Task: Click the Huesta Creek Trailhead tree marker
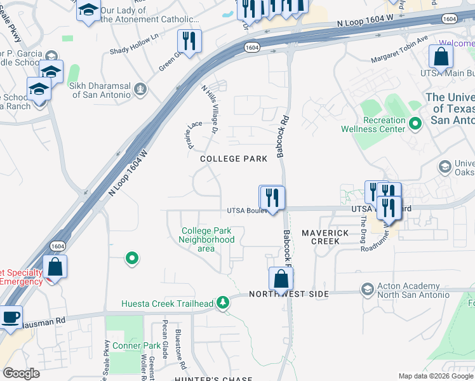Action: (223, 303)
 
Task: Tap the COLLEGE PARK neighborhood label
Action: (234, 159)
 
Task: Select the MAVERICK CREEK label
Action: (325, 237)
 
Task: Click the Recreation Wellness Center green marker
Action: (416, 123)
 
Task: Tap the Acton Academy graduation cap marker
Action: (367, 290)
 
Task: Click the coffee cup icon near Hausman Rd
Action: (10, 317)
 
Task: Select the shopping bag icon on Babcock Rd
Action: (281, 278)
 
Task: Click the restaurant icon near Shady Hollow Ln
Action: (189, 41)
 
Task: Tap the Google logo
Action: (21, 373)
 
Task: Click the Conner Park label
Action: (137, 346)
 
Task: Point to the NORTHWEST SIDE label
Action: (289, 294)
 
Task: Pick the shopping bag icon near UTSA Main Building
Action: (441, 57)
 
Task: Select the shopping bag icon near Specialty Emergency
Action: (55, 267)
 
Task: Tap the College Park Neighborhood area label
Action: (207, 239)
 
